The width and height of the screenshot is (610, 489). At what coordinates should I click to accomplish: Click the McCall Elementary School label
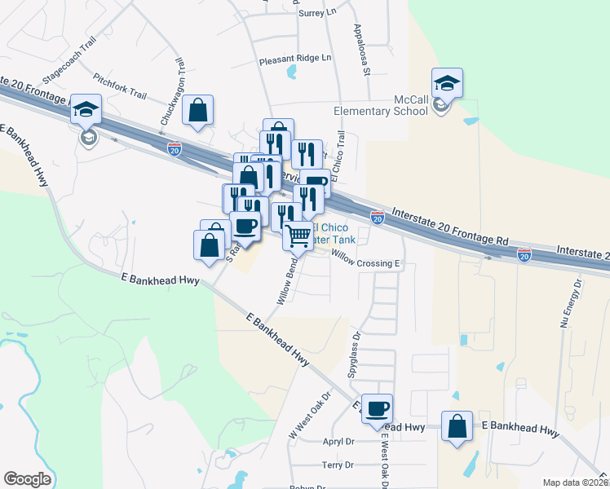(x=381, y=105)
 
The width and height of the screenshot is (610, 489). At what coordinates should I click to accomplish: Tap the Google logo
(x=27, y=479)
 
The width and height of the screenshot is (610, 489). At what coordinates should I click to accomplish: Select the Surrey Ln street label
(x=319, y=12)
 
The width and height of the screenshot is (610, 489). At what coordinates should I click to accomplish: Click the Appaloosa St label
(x=362, y=50)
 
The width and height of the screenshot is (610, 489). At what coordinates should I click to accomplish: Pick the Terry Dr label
(x=338, y=465)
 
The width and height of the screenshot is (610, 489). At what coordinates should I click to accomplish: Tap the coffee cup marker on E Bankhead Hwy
(x=377, y=409)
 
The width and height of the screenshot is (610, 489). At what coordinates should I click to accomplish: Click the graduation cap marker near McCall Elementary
(x=447, y=84)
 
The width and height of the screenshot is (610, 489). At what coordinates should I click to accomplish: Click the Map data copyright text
(x=576, y=482)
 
